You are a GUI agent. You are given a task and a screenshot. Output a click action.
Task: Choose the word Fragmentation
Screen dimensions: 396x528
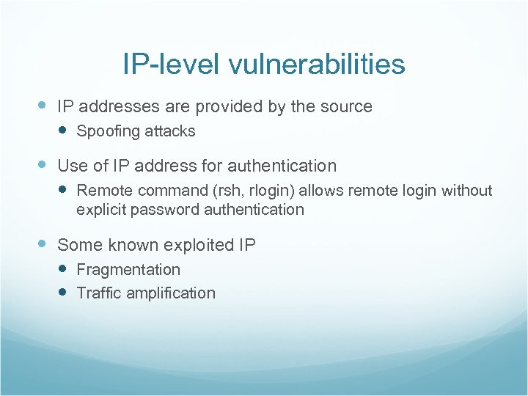128,270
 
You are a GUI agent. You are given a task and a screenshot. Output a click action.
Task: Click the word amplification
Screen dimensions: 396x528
171,293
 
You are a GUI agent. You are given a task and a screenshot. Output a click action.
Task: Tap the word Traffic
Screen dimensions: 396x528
99,293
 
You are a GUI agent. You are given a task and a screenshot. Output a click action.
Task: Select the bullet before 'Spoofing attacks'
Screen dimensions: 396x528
63,131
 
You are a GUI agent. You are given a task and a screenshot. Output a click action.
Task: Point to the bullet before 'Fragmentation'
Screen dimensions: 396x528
63,269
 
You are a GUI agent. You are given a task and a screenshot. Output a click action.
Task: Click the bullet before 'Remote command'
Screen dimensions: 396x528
63,190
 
